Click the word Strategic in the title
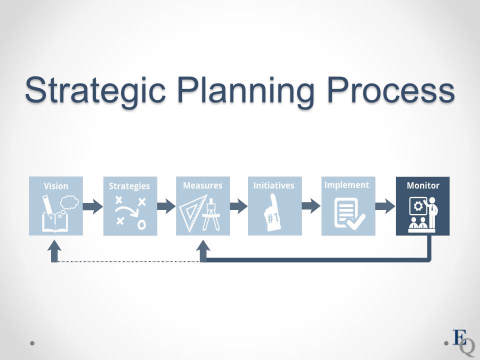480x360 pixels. coord(95,90)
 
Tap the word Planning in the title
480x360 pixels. coord(246,90)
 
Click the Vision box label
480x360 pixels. coord(56,186)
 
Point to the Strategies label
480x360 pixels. coord(129,186)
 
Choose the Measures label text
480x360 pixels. coord(202,185)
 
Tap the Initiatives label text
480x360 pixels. coord(273,185)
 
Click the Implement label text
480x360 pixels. coord(347,185)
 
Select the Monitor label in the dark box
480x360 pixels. coord(423,185)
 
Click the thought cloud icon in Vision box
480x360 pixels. coord(69,202)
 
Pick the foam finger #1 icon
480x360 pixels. coord(272,212)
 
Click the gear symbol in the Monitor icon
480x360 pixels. coord(418,206)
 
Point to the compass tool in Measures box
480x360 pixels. coord(211,214)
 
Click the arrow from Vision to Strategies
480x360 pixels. coord(93,206)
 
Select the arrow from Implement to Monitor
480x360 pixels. coord(385,206)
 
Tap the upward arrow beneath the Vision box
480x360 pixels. coord(54,251)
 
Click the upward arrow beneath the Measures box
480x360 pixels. coord(203,251)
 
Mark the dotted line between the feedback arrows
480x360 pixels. coord(128,261)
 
